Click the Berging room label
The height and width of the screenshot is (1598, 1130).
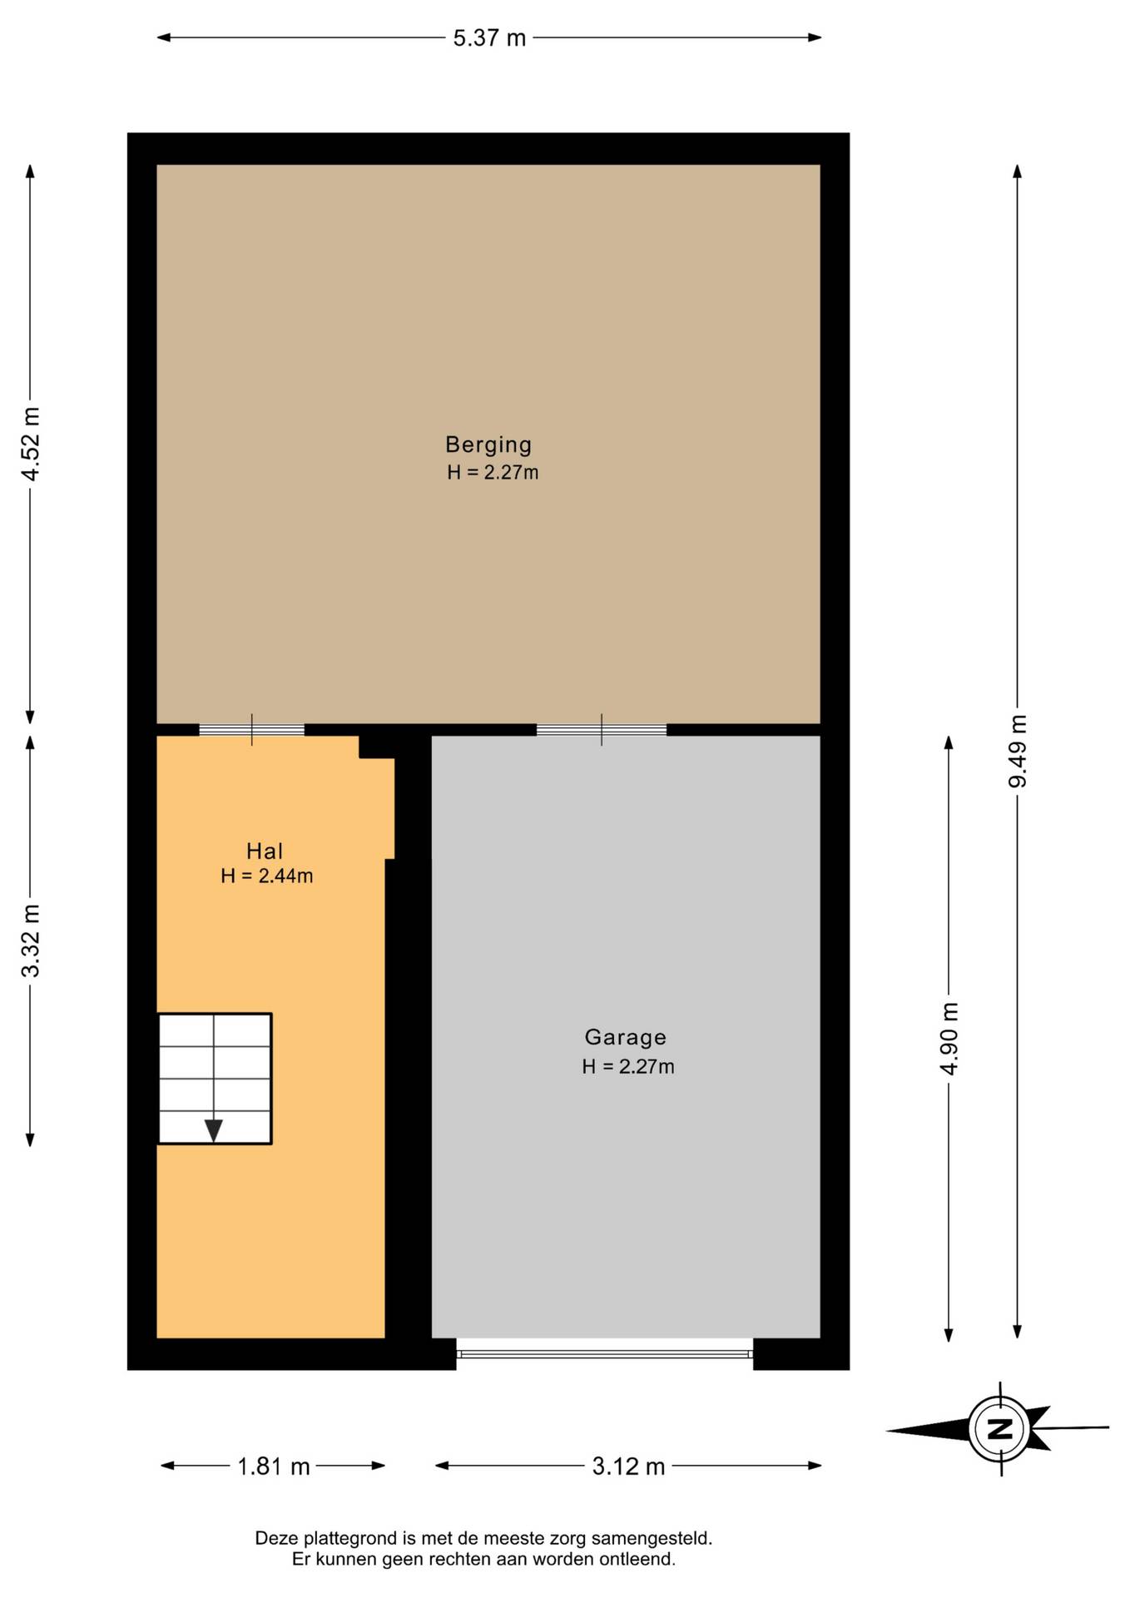click(x=488, y=444)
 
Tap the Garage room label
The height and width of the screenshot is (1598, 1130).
click(x=626, y=1037)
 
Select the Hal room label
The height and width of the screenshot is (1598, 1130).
click(x=265, y=851)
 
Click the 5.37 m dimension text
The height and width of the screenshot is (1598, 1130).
click(x=489, y=38)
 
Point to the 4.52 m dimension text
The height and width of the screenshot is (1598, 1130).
click(x=31, y=444)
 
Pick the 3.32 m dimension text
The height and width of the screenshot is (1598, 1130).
click(x=31, y=940)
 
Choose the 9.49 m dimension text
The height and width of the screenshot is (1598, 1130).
click(x=1018, y=751)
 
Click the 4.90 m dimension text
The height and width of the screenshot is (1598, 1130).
click(x=949, y=1038)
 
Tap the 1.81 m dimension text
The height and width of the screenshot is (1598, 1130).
click(x=274, y=1466)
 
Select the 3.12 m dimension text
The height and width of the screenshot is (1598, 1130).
click(x=628, y=1466)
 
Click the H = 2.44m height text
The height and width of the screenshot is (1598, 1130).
click(x=267, y=876)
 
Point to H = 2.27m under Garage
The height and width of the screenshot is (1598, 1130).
click(x=628, y=1066)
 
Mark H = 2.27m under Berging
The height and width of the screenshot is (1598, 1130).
click(x=493, y=473)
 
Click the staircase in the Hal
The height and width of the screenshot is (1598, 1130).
click(x=215, y=1079)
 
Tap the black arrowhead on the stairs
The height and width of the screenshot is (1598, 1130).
click(x=214, y=1131)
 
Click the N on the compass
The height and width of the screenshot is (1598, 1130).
click(x=999, y=1429)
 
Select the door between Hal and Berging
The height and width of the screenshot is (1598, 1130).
click(x=251, y=730)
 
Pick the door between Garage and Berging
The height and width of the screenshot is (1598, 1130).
click(x=602, y=730)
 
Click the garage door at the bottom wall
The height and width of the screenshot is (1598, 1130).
click(x=605, y=1354)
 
